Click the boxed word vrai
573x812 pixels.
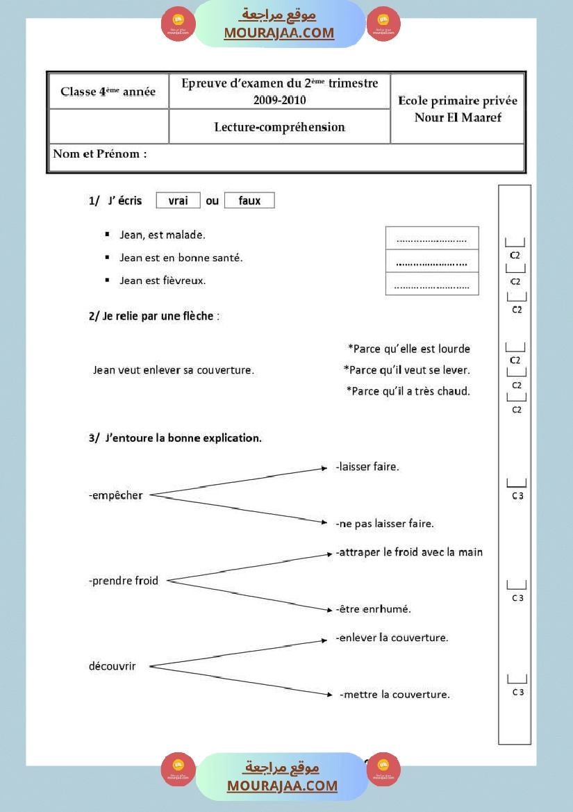click(x=178, y=201)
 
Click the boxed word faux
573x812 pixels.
click(x=249, y=201)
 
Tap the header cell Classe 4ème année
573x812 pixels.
click(x=108, y=92)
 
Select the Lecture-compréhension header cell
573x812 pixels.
click(x=279, y=126)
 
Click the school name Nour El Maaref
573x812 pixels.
click(x=458, y=117)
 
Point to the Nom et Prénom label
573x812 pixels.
click(x=100, y=154)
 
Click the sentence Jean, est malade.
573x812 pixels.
click(x=163, y=235)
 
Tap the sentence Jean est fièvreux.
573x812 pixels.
click(x=163, y=281)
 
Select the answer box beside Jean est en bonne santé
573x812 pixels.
click(x=432, y=262)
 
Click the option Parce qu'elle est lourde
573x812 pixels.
click(x=408, y=349)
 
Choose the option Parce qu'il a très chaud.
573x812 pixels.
click(x=408, y=391)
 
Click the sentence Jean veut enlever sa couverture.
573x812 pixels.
click(x=174, y=370)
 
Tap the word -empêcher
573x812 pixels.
click(x=116, y=495)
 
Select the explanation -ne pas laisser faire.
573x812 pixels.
click(x=385, y=524)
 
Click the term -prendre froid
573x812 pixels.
click(x=124, y=581)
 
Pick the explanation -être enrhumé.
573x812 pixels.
click(x=374, y=609)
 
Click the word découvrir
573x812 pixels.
click(x=113, y=666)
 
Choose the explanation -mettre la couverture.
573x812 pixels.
click(x=395, y=695)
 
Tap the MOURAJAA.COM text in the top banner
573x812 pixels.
click(x=279, y=33)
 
